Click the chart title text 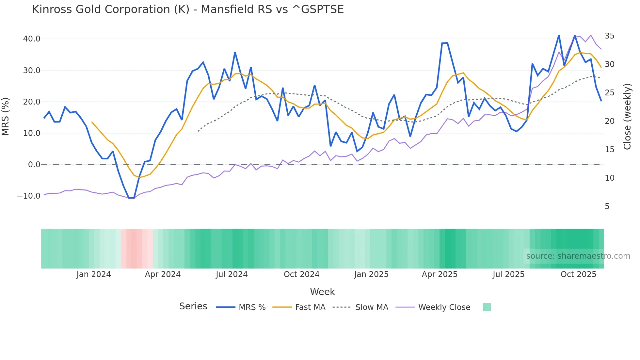(188, 9)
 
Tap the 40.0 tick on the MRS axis (32, 39)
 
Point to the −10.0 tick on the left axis (29, 196)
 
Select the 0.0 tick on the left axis (34, 165)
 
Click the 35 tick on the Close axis (609, 36)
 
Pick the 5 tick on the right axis (607, 206)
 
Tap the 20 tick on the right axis (609, 121)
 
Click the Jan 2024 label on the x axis (94, 274)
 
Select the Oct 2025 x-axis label (578, 274)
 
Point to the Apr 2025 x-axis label (440, 274)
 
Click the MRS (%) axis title (6, 117)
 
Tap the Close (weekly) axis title (627, 117)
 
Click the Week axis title (322, 292)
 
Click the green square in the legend (487, 307)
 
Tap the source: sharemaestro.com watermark (578, 256)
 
